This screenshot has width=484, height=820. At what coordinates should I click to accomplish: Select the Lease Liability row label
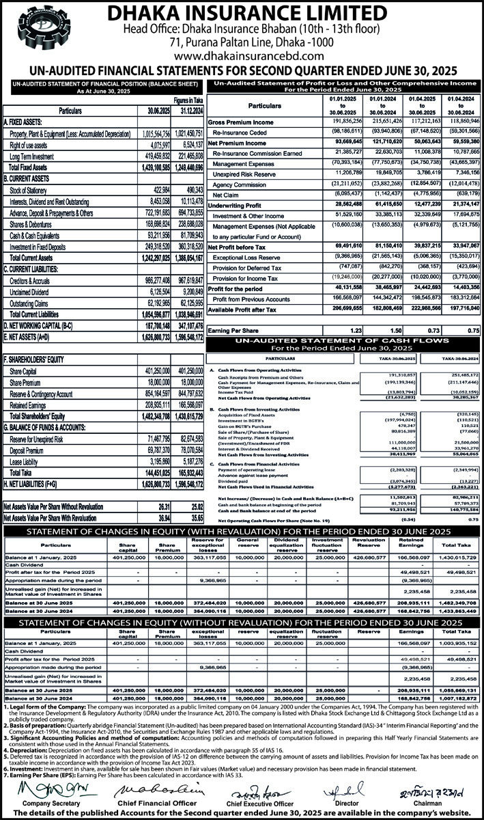coord(27,463)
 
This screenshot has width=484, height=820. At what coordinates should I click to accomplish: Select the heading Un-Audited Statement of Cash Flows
coord(341,341)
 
